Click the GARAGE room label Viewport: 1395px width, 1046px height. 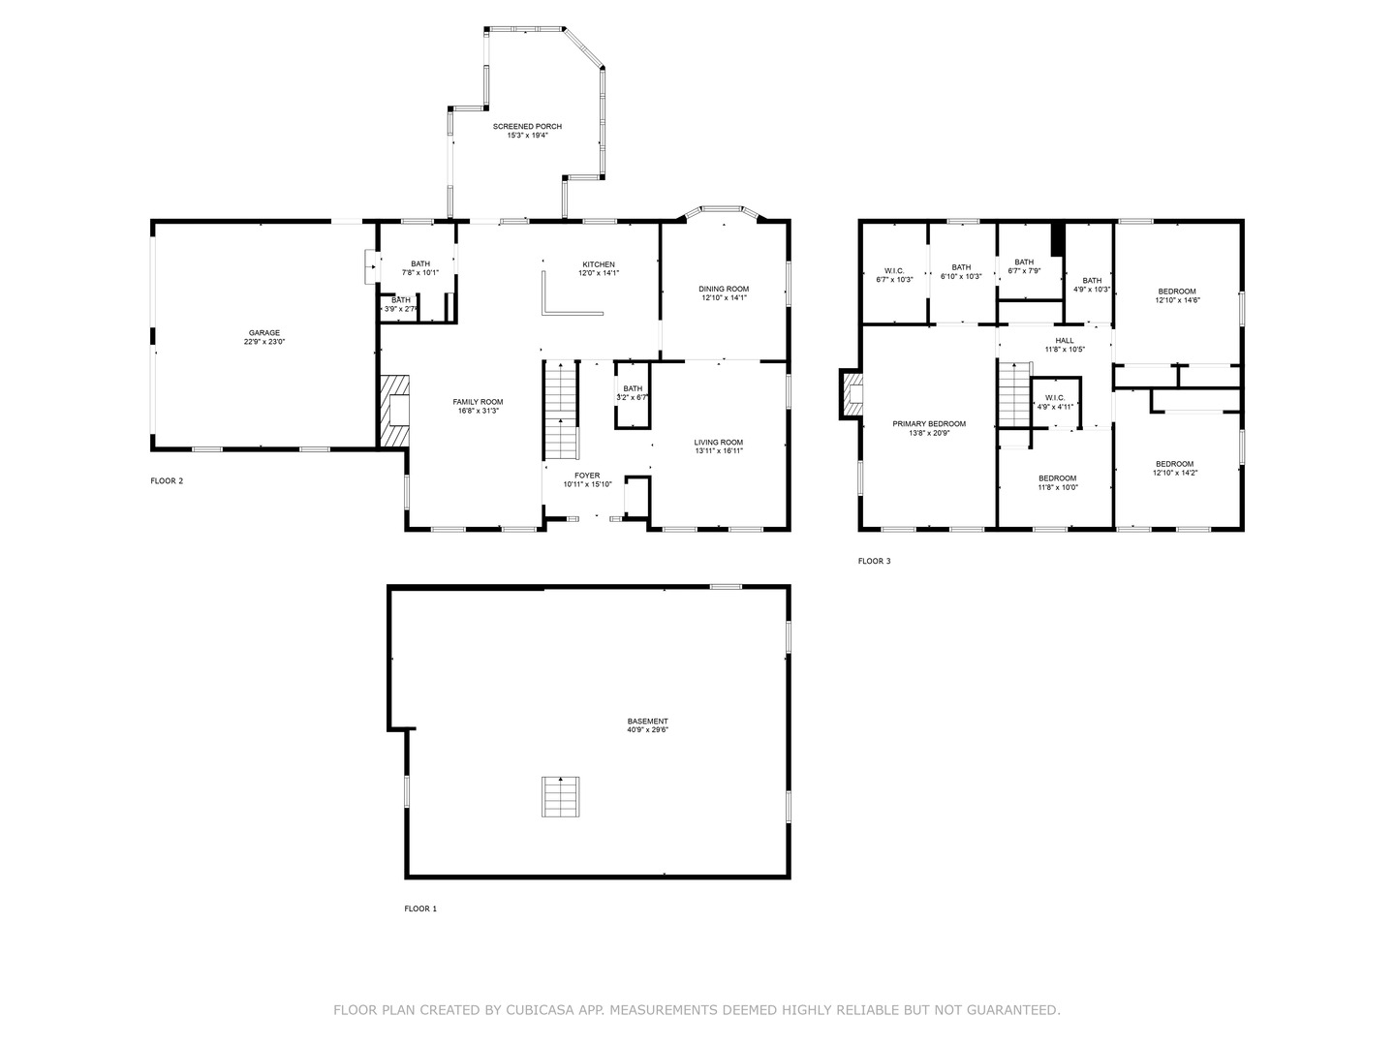click(263, 333)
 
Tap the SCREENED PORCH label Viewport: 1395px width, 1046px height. click(527, 126)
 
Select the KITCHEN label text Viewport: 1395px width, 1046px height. click(598, 264)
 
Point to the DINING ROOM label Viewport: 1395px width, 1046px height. click(724, 289)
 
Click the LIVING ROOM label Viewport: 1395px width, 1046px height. click(718, 442)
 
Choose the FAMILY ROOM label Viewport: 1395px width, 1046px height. click(478, 402)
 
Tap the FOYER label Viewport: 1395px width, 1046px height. click(587, 476)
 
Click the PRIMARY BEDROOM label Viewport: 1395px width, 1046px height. click(929, 423)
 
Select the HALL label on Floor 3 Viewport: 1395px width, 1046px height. click(1065, 340)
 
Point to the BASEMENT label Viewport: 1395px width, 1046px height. click(648, 722)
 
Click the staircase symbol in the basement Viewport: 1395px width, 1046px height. click(561, 796)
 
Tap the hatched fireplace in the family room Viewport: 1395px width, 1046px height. click(394, 411)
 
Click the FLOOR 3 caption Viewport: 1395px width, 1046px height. click(874, 561)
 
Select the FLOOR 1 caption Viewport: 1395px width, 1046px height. click(420, 908)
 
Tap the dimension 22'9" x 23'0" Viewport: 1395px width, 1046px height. click(263, 342)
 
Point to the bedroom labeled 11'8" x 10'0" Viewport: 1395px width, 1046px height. click(1058, 482)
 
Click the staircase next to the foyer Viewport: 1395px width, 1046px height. click(561, 410)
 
